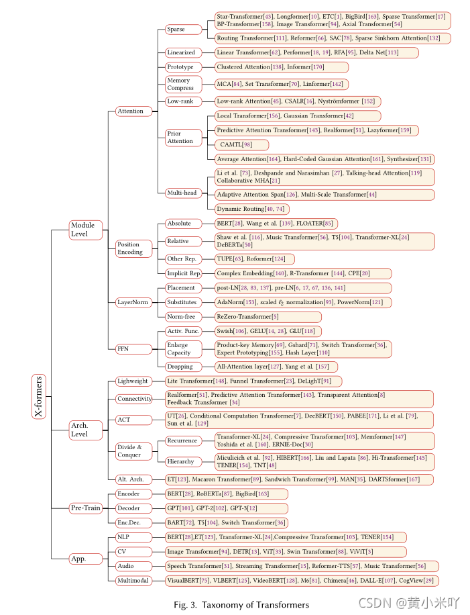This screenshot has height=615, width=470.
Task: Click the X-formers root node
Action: click(x=39, y=396)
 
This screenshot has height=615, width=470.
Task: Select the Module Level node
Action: click(x=85, y=230)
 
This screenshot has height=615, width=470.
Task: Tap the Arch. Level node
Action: click(x=86, y=429)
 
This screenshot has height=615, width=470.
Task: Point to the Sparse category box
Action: click(x=183, y=30)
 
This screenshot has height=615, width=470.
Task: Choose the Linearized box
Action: click(x=183, y=52)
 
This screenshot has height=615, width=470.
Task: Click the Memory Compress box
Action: click(x=183, y=84)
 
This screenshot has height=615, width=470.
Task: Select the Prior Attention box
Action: click(x=183, y=138)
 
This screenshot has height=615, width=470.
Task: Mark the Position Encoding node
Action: click(x=133, y=248)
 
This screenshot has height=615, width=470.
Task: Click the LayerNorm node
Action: click(x=133, y=302)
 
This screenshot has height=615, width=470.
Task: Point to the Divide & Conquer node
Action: click(x=133, y=451)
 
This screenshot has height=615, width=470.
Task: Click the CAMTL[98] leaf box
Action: click(x=242, y=145)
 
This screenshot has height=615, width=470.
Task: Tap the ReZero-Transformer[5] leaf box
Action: click(x=247, y=316)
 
